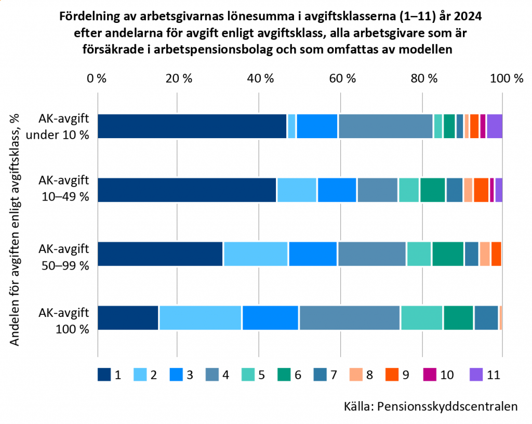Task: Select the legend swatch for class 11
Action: (476, 375)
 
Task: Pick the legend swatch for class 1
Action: (104, 375)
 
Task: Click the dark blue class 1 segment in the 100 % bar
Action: (128, 318)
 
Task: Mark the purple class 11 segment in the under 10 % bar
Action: (495, 126)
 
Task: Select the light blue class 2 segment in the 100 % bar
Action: (200, 318)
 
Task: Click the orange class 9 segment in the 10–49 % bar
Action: (481, 190)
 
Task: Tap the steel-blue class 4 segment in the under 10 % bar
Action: (385, 126)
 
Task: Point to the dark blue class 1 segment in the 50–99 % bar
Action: (161, 254)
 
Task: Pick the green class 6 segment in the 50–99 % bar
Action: (448, 254)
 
